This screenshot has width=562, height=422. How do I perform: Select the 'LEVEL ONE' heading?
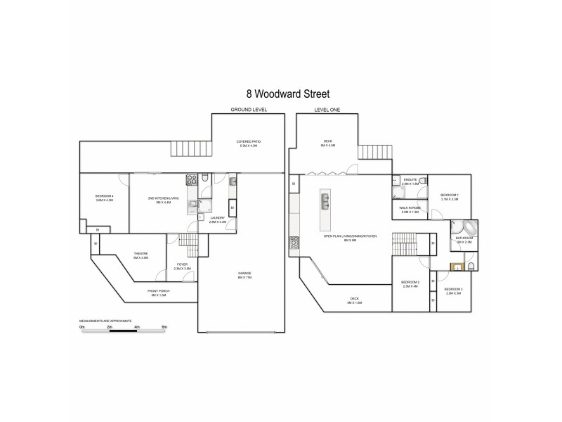point(327,110)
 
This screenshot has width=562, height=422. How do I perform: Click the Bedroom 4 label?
point(104,197)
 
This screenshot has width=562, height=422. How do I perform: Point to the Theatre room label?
point(140,255)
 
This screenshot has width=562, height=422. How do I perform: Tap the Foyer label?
point(183,266)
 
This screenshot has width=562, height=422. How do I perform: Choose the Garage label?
point(244,275)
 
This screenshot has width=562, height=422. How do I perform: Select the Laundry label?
point(217,219)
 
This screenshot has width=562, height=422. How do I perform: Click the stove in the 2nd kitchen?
point(190,179)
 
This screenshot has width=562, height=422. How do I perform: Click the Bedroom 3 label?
point(453,290)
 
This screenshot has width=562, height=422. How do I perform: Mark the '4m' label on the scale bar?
point(137,327)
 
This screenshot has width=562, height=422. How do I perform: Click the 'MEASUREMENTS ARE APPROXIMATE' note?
point(105,320)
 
